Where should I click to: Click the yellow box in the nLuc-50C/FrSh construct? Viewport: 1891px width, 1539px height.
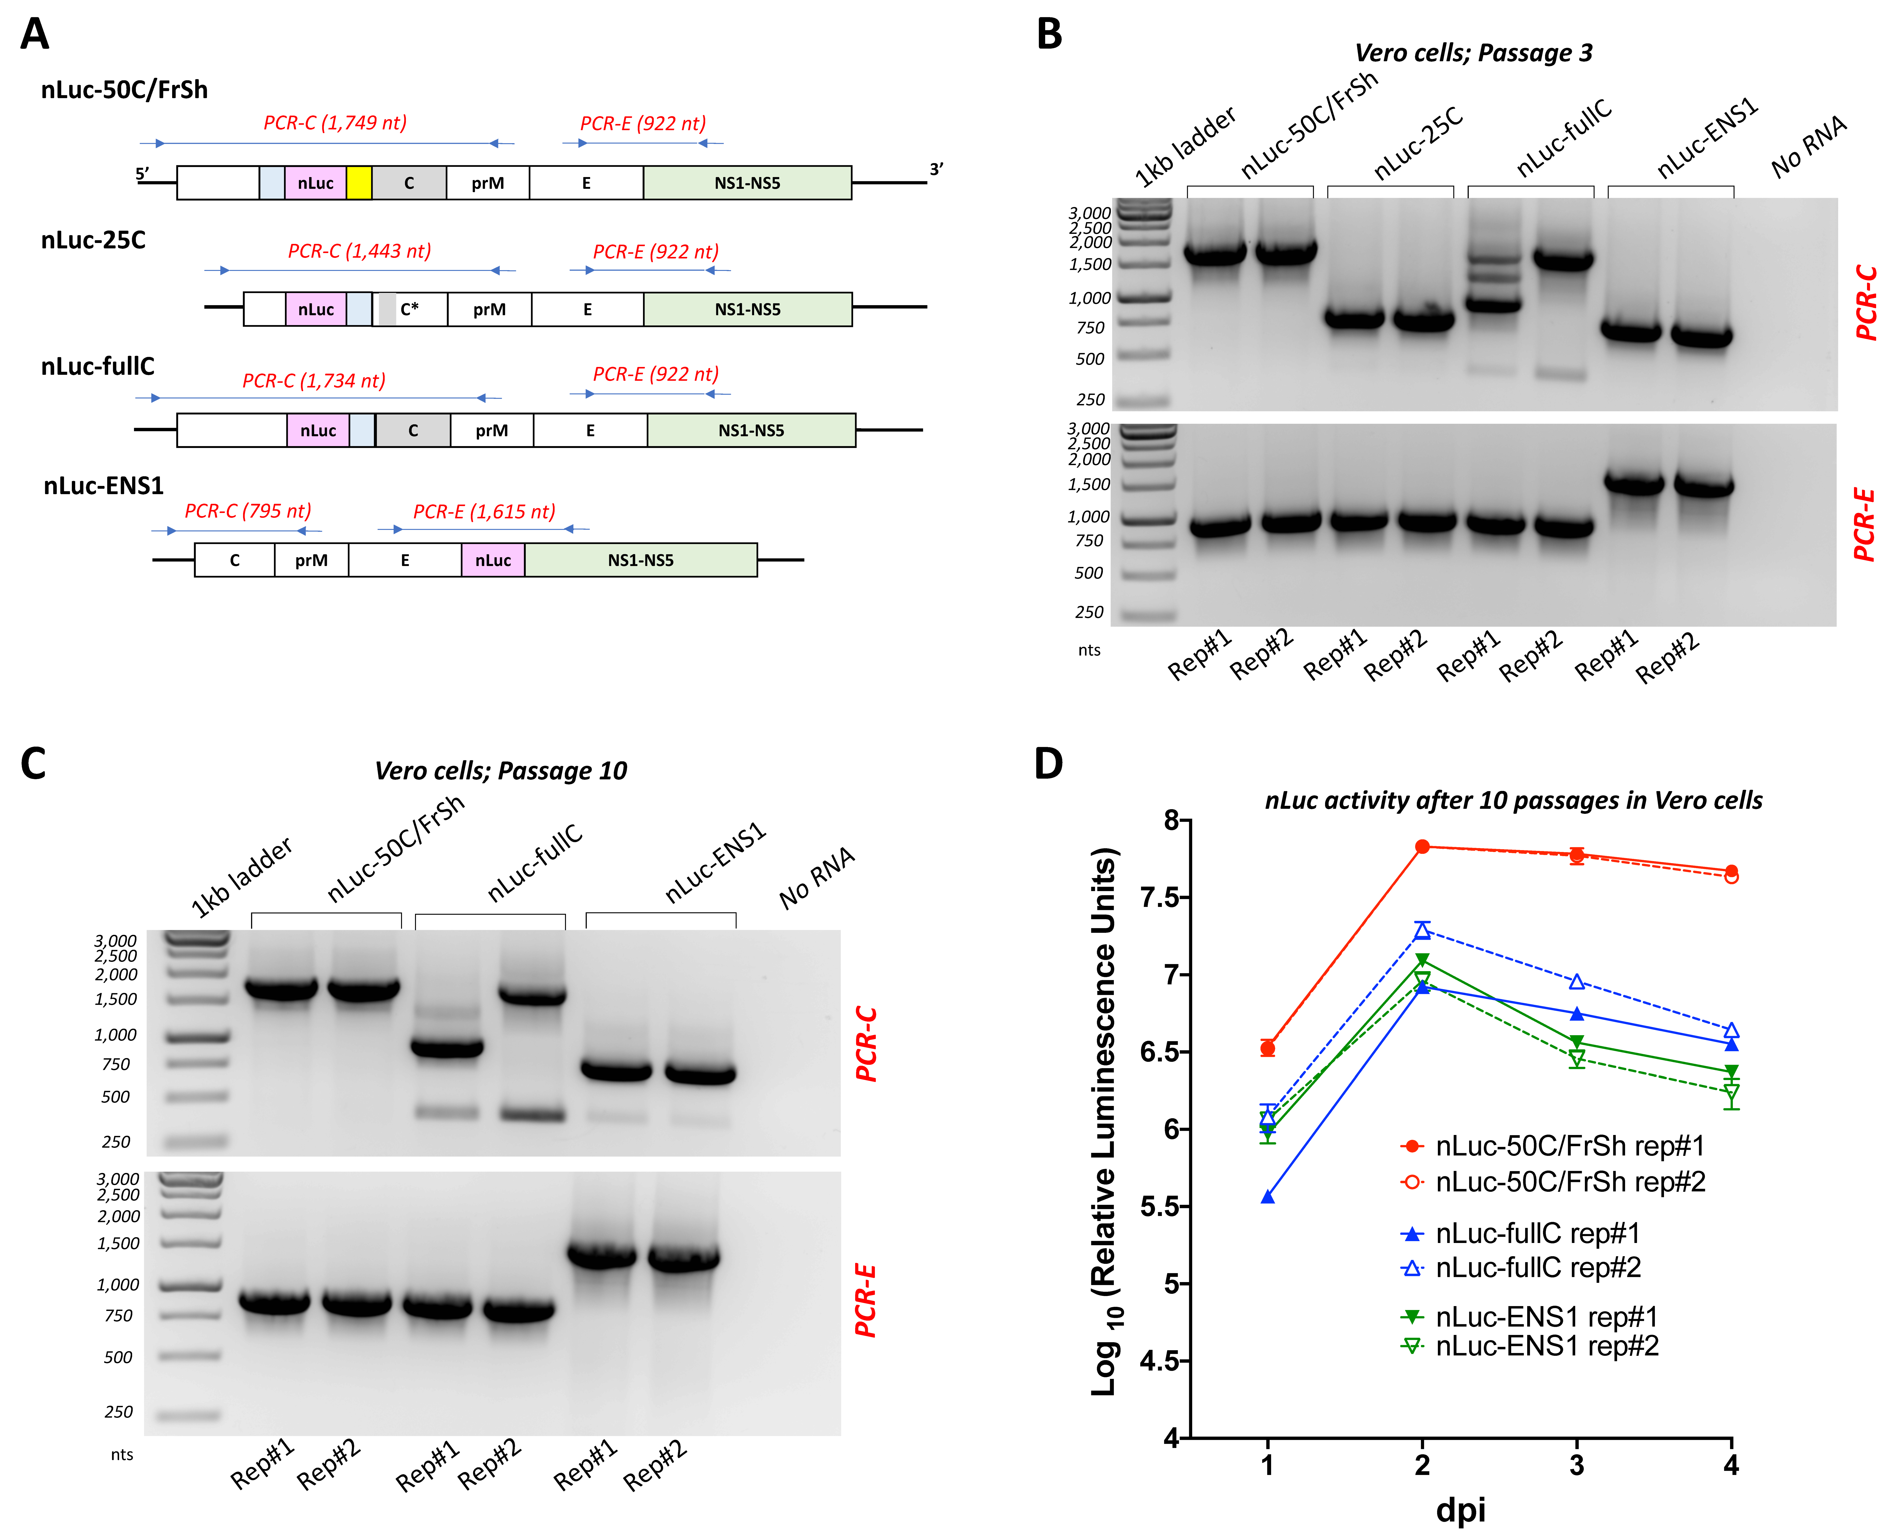[359, 183]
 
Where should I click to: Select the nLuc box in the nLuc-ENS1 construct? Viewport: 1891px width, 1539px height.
[493, 560]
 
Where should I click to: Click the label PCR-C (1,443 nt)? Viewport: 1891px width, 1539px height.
[359, 251]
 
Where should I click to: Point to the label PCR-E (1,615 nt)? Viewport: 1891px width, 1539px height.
[484, 512]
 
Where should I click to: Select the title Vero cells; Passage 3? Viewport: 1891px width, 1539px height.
[1473, 53]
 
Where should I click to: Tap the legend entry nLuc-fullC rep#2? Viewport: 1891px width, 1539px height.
[1537, 1268]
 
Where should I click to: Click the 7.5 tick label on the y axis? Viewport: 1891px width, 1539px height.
[1161, 897]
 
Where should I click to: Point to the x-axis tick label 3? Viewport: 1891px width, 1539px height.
[1576, 1465]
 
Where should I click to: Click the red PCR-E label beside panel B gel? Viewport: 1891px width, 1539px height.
[1864, 525]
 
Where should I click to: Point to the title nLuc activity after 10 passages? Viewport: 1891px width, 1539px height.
[1513, 801]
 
